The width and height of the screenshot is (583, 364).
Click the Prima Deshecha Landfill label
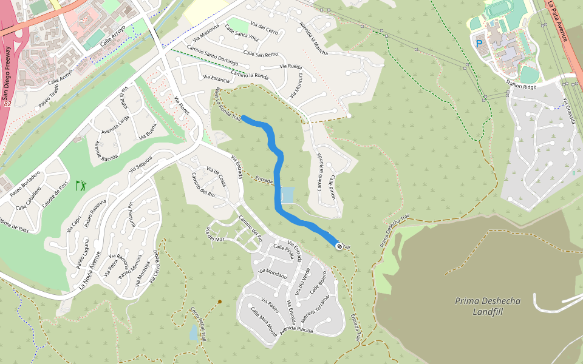pos(480,306)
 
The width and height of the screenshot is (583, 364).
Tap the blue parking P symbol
pos(479,44)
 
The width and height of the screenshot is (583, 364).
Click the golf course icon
pos(80,185)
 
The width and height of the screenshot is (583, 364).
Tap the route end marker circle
pos(338,246)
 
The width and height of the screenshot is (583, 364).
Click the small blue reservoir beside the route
pos(287,195)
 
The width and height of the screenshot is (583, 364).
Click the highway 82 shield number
pos(8,104)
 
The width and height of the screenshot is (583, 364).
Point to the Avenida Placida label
pos(296,329)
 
